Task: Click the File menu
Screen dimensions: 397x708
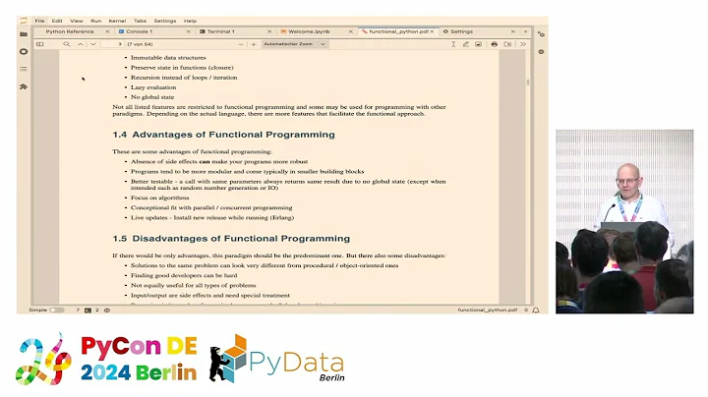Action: coord(40,20)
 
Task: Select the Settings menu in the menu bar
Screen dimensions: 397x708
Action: coord(164,20)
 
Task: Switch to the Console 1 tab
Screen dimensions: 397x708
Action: coord(139,31)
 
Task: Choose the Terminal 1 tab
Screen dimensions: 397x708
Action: coord(220,31)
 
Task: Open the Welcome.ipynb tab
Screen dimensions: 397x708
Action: coord(309,31)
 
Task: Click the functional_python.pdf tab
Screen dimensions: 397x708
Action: coord(396,31)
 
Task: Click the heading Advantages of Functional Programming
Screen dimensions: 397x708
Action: coord(211,135)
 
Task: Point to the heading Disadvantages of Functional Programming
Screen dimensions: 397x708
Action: coord(218,239)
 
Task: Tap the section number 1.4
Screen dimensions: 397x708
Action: coord(120,135)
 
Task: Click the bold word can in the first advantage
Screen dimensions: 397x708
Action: coord(206,160)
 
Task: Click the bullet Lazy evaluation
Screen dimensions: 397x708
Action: coord(153,86)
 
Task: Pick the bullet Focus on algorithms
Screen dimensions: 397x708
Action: coord(159,198)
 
